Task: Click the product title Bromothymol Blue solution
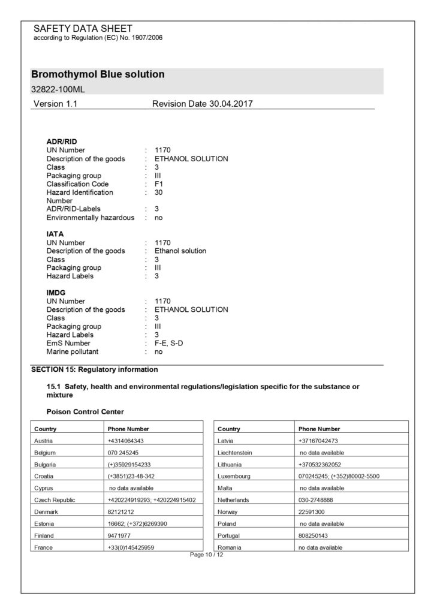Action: (x=98, y=75)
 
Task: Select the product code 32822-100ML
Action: (x=58, y=89)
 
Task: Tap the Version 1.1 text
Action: (x=55, y=104)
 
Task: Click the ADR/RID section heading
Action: (x=62, y=142)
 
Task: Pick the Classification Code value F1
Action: (x=159, y=184)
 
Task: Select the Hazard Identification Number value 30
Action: (x=159, y=192)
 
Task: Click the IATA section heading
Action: (x=55, y=234)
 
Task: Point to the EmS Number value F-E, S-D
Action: (x=171, y=343)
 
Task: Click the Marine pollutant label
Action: (x=73, y=351)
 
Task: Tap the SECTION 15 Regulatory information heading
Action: (x=95, y=369)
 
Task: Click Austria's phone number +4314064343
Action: (x=126, y=441)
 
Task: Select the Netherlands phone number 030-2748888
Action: (x=316, y=499)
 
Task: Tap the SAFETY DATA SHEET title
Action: (x=83, y=29)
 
